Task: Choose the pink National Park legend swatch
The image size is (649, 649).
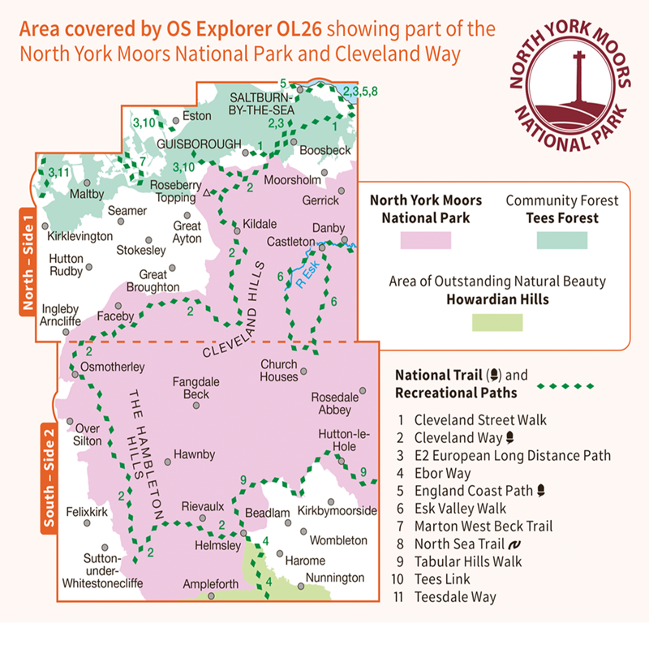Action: (425, 240)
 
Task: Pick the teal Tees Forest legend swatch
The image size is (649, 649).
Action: (561, 240)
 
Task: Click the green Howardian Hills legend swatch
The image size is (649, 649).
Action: (496, 322)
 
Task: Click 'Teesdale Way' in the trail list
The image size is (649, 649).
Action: (454, 596)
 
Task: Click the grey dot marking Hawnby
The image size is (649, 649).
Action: (169, 462)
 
